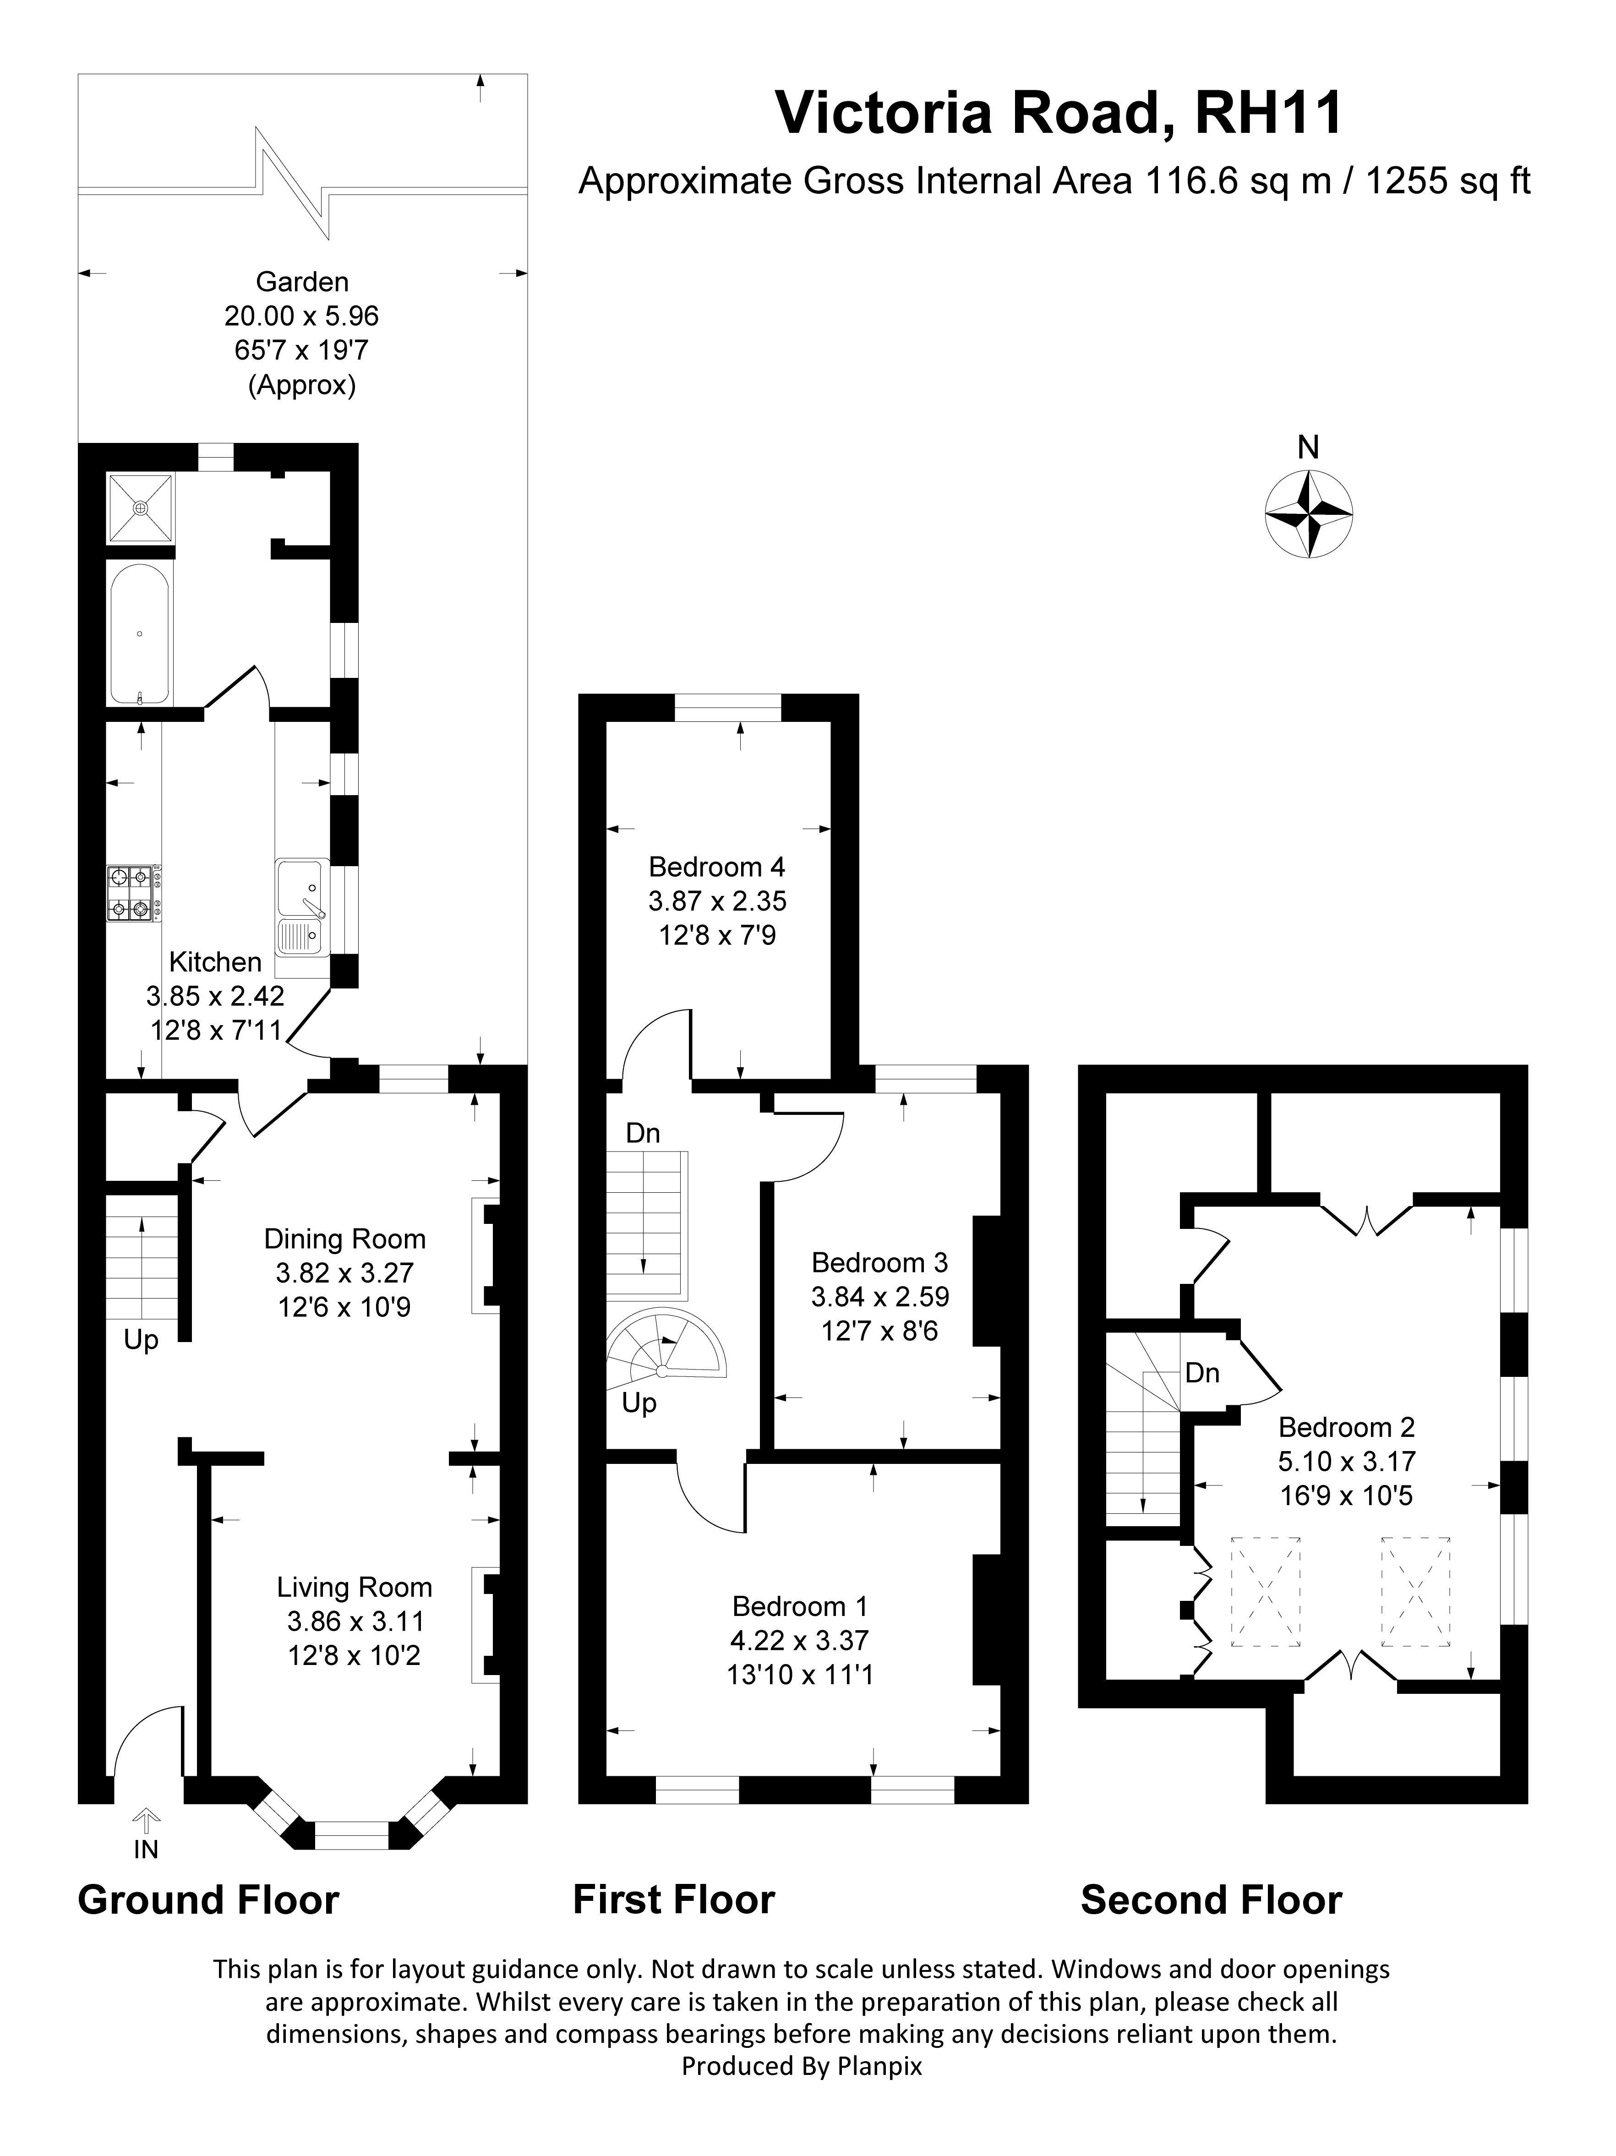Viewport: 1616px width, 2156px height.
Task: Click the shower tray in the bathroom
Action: [x=140, y=508]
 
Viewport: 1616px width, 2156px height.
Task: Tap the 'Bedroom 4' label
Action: [x=716, y=867]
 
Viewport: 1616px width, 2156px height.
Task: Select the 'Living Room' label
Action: [x=354, y=1587]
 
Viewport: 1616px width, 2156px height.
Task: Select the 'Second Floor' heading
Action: [x=1211, y=1927]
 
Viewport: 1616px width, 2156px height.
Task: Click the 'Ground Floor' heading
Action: [x=207, y=1927]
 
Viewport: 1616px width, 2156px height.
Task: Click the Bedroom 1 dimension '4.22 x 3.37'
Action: [x=799, y=1640]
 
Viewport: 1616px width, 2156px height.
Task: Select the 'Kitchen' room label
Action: [x=215, y=962]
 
